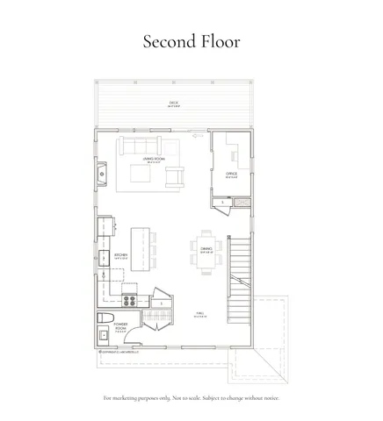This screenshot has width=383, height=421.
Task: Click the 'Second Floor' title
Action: (191, 41)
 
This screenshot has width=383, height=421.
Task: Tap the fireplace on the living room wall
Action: (102, 174)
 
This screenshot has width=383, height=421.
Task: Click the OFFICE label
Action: (232, 175)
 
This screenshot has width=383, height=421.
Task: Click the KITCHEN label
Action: (121, 256)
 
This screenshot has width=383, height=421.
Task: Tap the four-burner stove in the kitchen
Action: (129, 301)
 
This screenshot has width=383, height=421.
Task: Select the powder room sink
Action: (103, 335)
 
